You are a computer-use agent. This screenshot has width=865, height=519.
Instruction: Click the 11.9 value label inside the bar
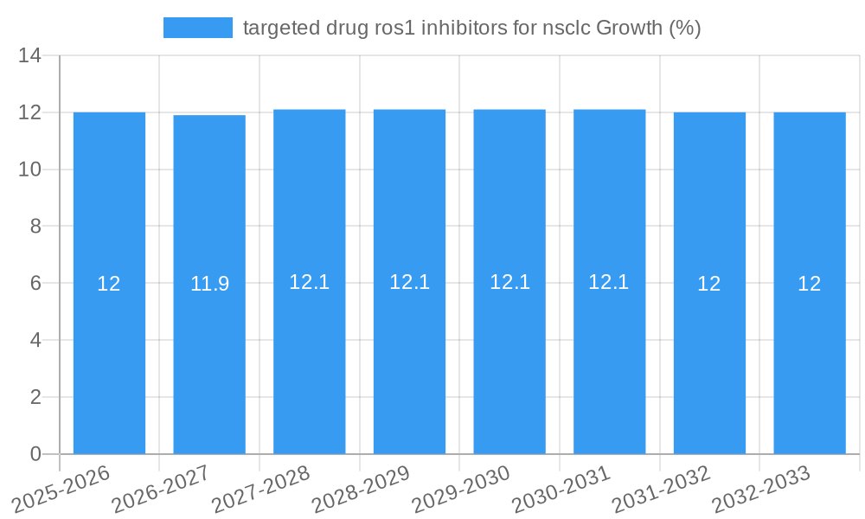[x=209, y=284]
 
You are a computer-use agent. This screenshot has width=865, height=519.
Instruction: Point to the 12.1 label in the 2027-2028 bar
[x=310, y=282]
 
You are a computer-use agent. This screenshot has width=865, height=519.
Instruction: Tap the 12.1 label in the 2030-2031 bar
[x=609, y=282]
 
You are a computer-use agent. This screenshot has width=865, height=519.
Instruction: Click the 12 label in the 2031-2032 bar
[x=709, y=284]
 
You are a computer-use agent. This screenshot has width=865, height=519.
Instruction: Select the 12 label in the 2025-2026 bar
[x=109, y=284]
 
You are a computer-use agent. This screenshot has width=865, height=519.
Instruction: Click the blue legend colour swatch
[x=198, y=28]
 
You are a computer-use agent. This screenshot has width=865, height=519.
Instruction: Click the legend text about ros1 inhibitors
[x=471, y=28]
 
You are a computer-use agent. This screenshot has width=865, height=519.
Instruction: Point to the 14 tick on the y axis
[x=30, y=56]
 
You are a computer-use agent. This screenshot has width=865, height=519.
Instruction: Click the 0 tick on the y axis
[x=35, y=454]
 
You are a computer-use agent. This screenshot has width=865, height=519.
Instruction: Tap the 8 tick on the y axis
[x=35, y=227]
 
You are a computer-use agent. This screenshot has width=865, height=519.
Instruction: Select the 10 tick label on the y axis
[x=30, y=170]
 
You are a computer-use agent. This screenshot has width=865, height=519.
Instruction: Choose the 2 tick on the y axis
[x=35, y=397]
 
